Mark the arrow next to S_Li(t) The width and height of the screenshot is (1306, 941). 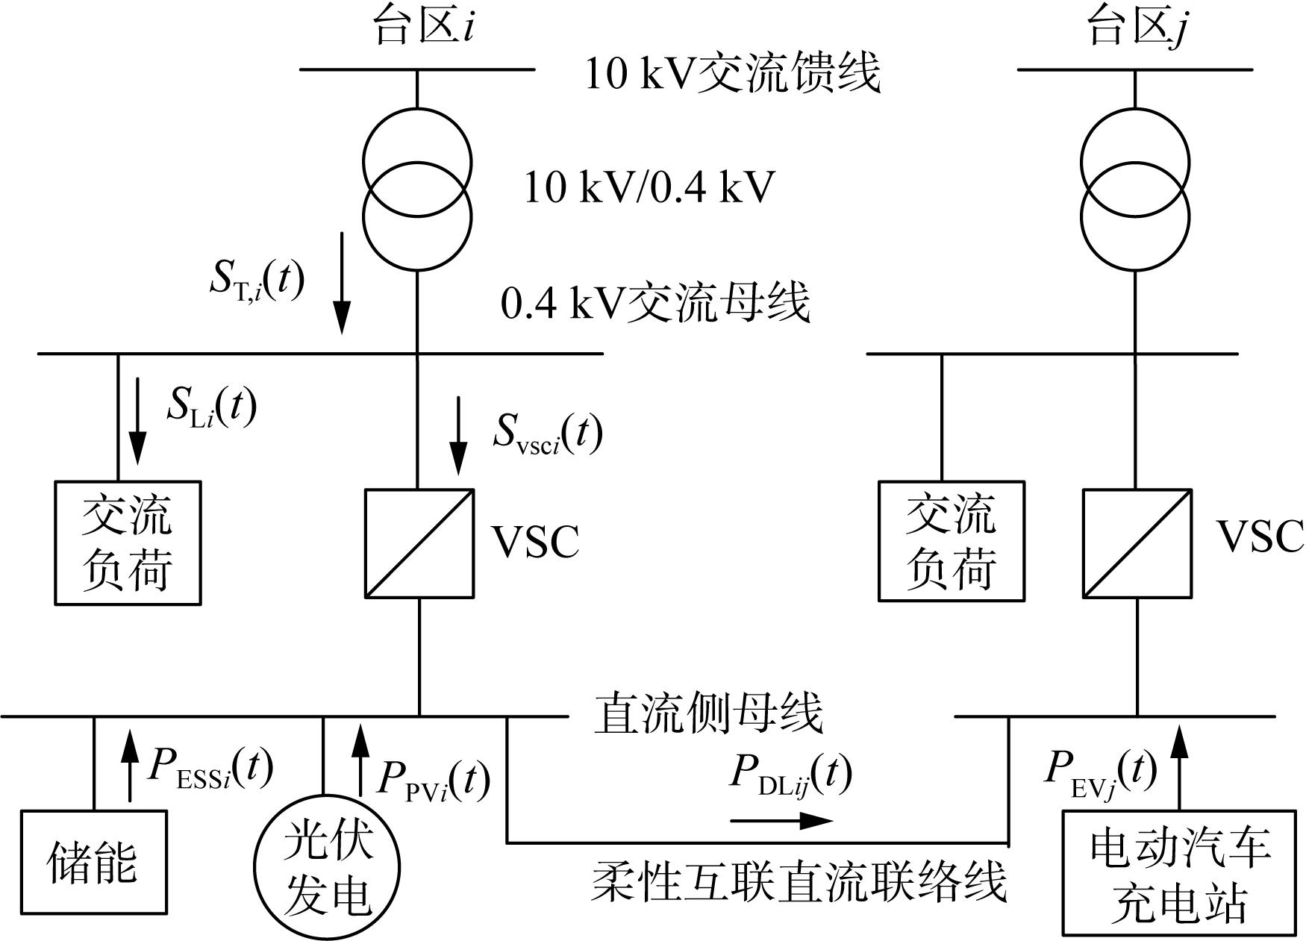(x=137, y=421)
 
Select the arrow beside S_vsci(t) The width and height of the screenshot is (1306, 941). (x=458, y=437)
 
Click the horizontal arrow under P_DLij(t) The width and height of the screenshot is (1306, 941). (x=781, y=821)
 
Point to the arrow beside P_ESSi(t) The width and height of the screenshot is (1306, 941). (x=130, y=765)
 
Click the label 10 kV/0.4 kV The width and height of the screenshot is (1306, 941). (x=649, y=187)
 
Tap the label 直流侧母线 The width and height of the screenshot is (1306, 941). (x=709, y=713)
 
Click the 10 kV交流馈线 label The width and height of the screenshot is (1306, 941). (x=733, y=73)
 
